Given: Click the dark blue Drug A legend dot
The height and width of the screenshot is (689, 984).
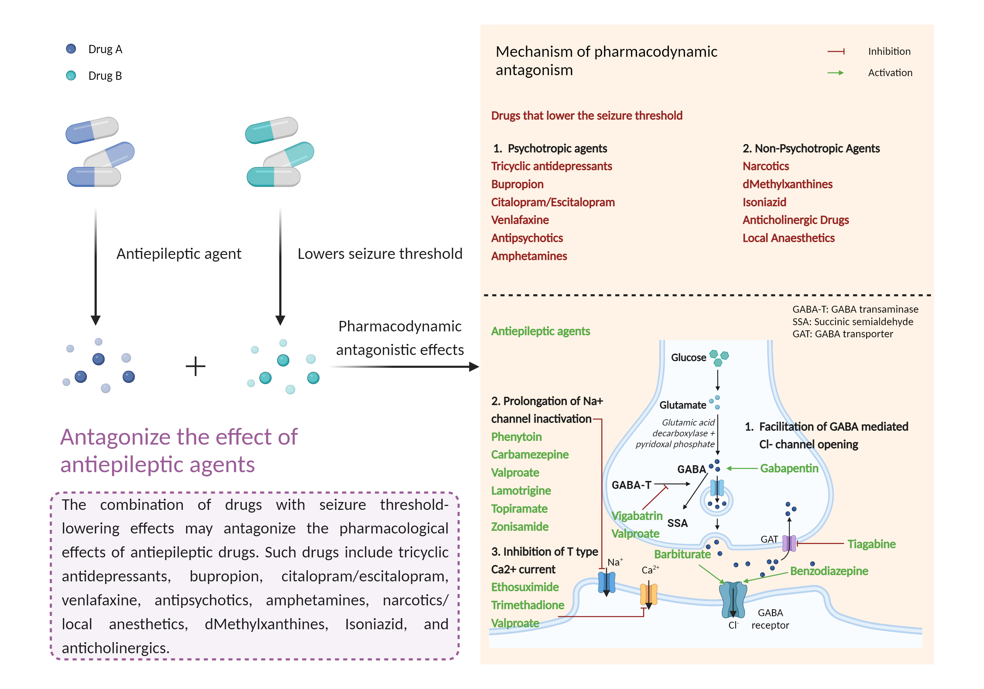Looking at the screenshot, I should click(x=71, y=49).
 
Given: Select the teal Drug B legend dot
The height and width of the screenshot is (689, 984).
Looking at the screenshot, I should click(x=71, y=75).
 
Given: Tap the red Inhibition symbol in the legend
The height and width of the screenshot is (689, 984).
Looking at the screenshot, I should click(x=836, y=52).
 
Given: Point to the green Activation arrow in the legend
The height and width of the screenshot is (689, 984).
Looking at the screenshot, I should click(x=836, y=73).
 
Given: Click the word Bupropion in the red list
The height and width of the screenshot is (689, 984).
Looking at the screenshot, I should click(x=517, y=184).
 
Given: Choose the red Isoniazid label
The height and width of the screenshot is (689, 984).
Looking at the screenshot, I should click(x=764, y=202).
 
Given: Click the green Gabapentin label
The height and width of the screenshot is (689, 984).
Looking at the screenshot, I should click(x=789, y=468).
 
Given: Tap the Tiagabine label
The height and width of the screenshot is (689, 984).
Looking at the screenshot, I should click(x=871, y=544).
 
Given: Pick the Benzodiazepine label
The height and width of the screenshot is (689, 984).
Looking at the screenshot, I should click(x=829, y=571).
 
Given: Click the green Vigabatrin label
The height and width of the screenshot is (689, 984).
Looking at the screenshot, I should click(x=637, y=516).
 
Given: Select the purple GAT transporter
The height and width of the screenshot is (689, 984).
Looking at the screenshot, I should click(x=789, y=543).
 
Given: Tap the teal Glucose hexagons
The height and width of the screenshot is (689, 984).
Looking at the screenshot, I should click(x=719, y=358).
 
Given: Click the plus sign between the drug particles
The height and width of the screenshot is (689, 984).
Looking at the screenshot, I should click(x=195, y=366).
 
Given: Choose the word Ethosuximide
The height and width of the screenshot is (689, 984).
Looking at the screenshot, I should click(x=525, y=587).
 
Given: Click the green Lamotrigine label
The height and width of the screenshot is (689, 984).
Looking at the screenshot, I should click(x=521, y=491).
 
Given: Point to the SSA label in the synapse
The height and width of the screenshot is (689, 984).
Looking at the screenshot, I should click(x=677, y=523).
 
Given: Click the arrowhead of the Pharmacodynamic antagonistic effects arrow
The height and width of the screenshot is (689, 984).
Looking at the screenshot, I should click(x=474, y=366).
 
